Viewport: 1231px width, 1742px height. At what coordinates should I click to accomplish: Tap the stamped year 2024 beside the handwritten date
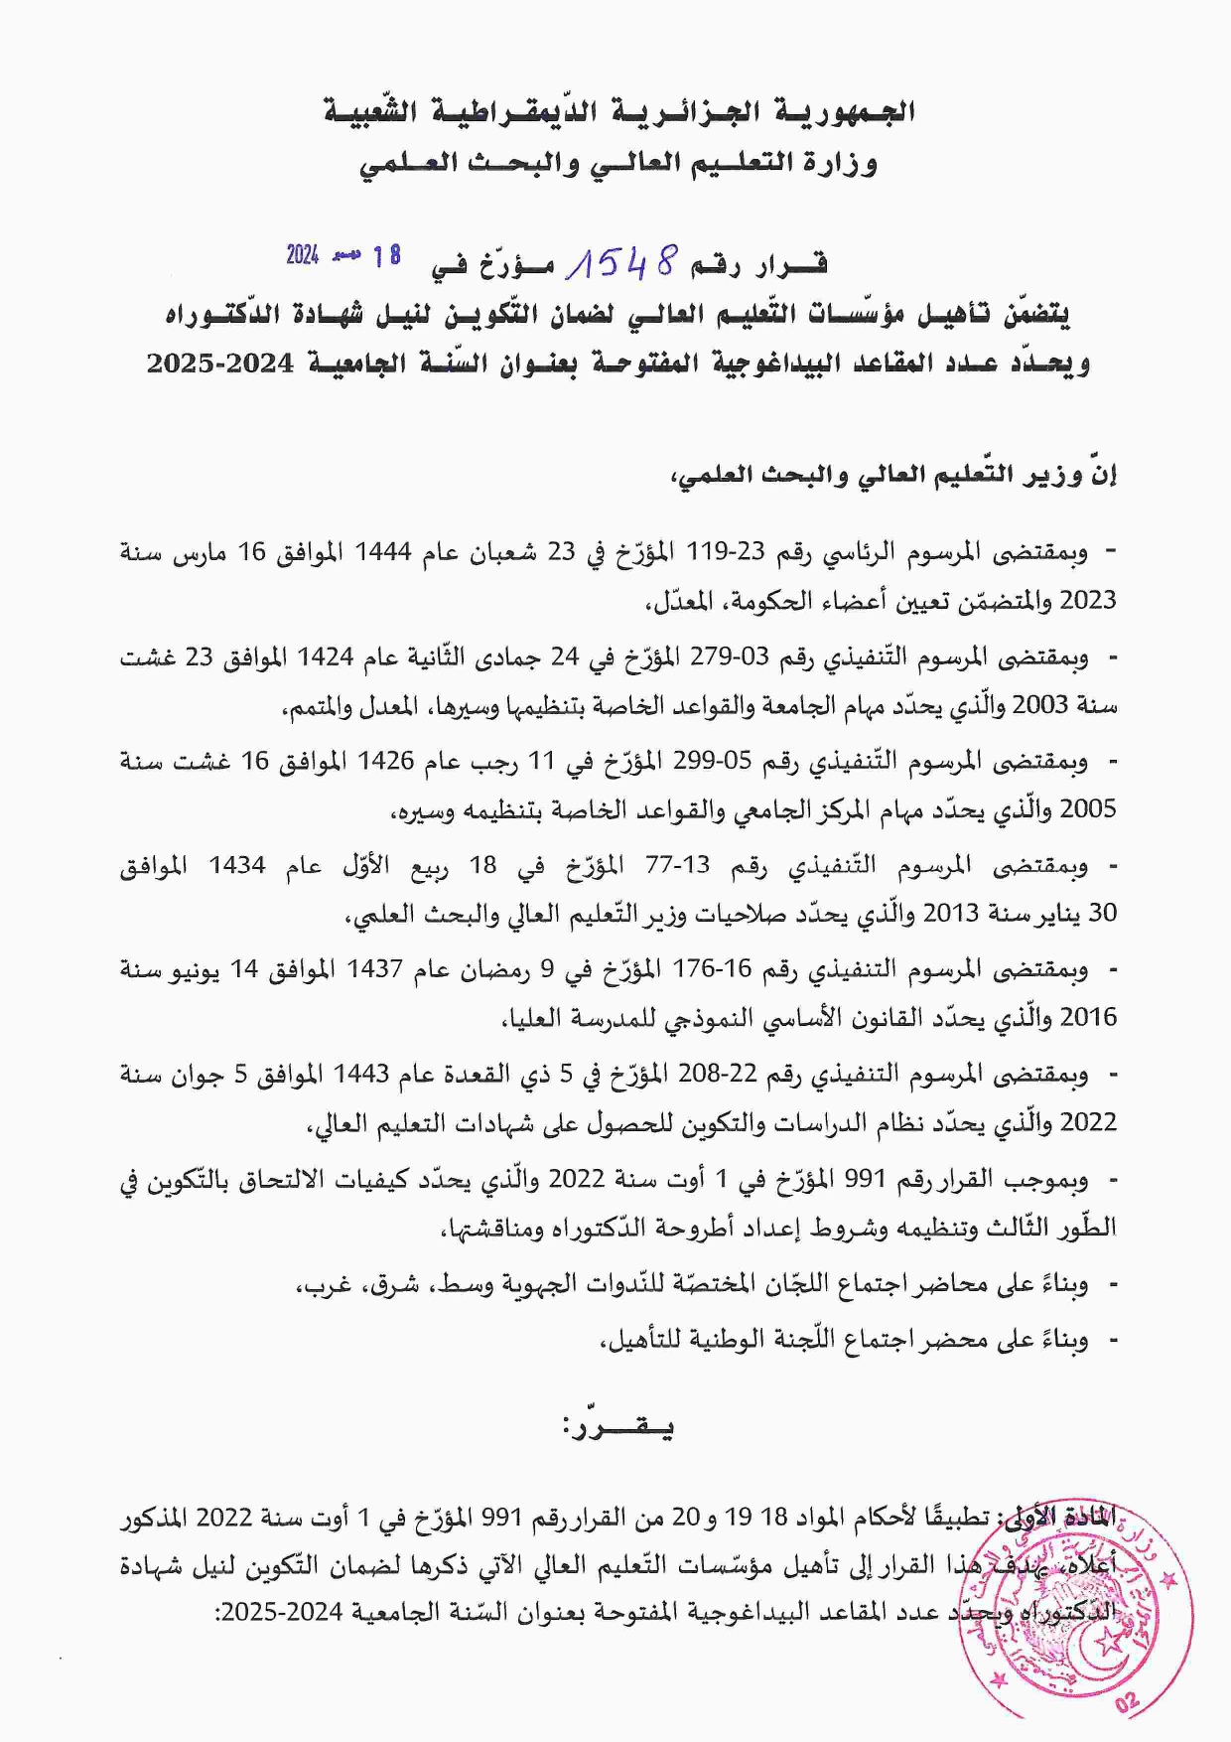click(302, 255)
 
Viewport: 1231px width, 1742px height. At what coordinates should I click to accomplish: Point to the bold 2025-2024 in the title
click(220, 363)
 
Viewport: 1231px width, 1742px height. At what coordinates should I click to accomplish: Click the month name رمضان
click(481, 969)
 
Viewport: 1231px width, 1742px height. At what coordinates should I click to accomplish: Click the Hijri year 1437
click(374, 969)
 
